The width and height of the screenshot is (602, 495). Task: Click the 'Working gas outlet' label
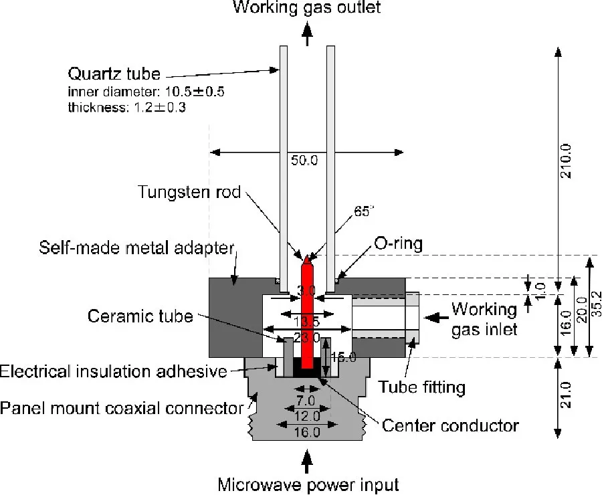(307, 8)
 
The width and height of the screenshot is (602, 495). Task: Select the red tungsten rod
(308, 314)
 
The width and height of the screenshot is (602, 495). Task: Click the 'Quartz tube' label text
(110, 73)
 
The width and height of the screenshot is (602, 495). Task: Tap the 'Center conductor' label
(450, 425)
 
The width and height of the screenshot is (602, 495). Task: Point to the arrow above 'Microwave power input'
(307, 460)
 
